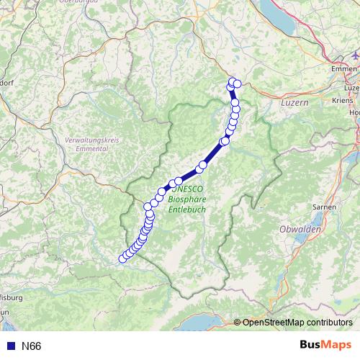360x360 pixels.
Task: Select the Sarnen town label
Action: [325, 207]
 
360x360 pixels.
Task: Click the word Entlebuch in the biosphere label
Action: [186, 209]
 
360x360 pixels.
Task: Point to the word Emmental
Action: [91, 148]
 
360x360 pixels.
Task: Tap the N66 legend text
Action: [31, 346]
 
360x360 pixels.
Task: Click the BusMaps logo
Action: [325, 346]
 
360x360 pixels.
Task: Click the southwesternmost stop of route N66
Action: [122, 259]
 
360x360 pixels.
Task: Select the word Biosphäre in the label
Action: [185, 197]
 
